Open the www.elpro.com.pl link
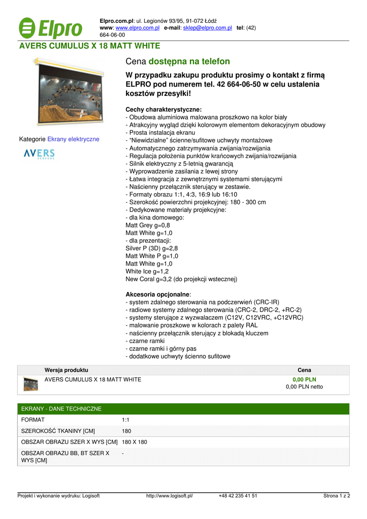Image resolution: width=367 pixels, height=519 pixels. point(137,28)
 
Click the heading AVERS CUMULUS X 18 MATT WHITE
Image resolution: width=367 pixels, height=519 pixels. point(90,46)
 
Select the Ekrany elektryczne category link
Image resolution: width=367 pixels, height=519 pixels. point(73,139)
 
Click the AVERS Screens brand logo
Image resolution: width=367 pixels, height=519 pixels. point(39,154)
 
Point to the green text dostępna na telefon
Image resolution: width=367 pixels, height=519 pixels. point(189,61)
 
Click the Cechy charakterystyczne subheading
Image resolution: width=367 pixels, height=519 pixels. point(163,109)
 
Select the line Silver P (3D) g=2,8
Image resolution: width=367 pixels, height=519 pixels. point(151,248)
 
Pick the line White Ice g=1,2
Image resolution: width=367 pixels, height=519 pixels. point(147,271)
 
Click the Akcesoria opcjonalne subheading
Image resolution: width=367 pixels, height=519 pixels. point(158,294)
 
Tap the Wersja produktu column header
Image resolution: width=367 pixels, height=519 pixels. point(66,370)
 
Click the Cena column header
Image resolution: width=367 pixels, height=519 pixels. point(304,370)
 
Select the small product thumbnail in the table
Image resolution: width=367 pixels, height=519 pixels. point(31,384)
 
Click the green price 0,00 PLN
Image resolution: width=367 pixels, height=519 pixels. point(304,379)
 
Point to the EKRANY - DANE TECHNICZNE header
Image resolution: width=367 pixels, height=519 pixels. point(61,409)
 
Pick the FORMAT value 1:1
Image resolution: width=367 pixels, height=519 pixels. point(126,420)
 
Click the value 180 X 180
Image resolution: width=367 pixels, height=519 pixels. point(135,442)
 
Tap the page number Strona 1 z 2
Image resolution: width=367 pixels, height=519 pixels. point(337,496)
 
